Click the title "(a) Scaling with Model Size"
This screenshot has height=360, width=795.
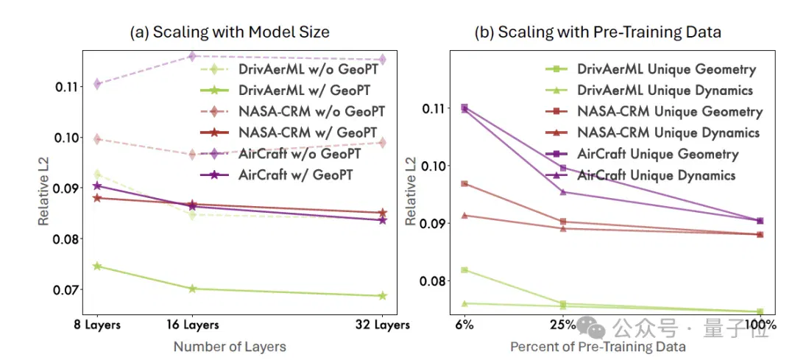pos(230,32)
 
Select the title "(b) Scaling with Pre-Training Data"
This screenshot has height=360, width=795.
pos(597,32)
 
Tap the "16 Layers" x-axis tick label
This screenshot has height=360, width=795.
pos(192,325)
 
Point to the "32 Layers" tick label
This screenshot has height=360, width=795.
pos(383,325)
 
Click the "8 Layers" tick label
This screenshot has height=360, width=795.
pos(97,325)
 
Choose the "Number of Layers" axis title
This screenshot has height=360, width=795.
pos(230,347)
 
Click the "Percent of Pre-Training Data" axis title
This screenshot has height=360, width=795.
pos(598,347)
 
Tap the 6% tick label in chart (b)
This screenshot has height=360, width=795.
pos(464,325)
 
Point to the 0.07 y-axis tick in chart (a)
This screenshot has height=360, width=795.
pos(67,290)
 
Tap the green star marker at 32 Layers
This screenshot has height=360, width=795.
pos(383,296)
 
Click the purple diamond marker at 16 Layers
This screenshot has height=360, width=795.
pos(192,56)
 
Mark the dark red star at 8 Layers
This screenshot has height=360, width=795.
pos(97,198)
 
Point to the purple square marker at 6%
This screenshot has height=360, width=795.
pos(464,107)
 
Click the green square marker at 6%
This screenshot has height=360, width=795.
pos(464,269)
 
